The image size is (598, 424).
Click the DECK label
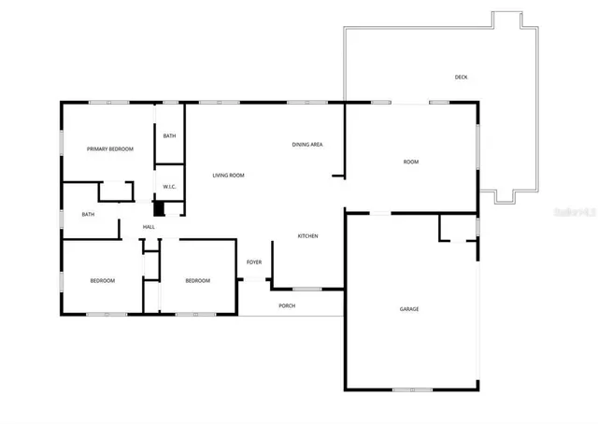(x=461, y=77)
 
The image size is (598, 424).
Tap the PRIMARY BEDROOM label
(x=110, y=149)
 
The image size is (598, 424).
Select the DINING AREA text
(x=307, y=145)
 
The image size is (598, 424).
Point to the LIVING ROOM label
(x=228, y=176)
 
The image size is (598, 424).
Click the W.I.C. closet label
(x=170, y=187)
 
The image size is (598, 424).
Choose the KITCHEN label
(x=308, y=236)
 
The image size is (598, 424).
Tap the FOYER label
(x=254, y=262)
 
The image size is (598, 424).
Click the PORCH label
(x=287, y=305)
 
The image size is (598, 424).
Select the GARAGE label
(x=409, y=309)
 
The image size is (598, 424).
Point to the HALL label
(x=149, y=227)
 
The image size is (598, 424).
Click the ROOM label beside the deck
(x=411, y=163)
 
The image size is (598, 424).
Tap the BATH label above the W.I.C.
(x=169, y=136)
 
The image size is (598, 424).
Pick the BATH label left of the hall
(x=88, y=215)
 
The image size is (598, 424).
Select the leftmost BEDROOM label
(x=103, y=281)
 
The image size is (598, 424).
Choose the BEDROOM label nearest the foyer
(x=197, y=281)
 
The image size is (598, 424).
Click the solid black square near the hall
(x=158, y=209)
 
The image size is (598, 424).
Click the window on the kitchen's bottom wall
(x=306, y=290)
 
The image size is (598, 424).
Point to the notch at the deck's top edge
(x=505, y=20)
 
